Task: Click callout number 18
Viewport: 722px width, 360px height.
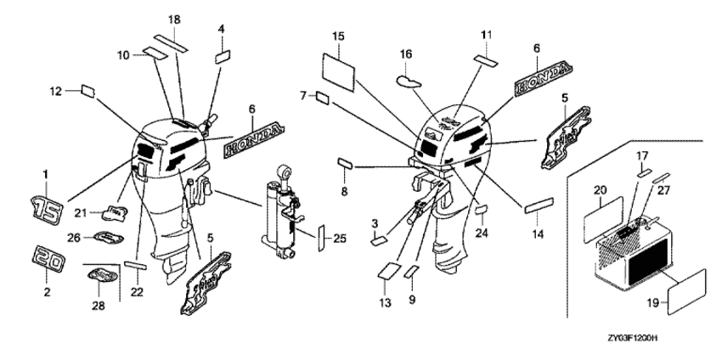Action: pyautogui.click(x=173, y=19)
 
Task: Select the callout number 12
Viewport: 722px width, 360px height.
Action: pyautogui.click(x=56, y=90)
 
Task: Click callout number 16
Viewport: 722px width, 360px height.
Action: pyautogui.click(x=406, y=53)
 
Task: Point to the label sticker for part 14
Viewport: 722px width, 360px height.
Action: pyautogui.click(x=539, y=205)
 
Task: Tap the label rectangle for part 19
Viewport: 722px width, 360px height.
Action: pyautogui.click(x=687, y=289)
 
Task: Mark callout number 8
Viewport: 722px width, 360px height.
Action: pyautogui.click(x=344, y=193)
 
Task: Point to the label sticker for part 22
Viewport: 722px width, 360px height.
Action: pyautogui.click(x=136, y=266)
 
